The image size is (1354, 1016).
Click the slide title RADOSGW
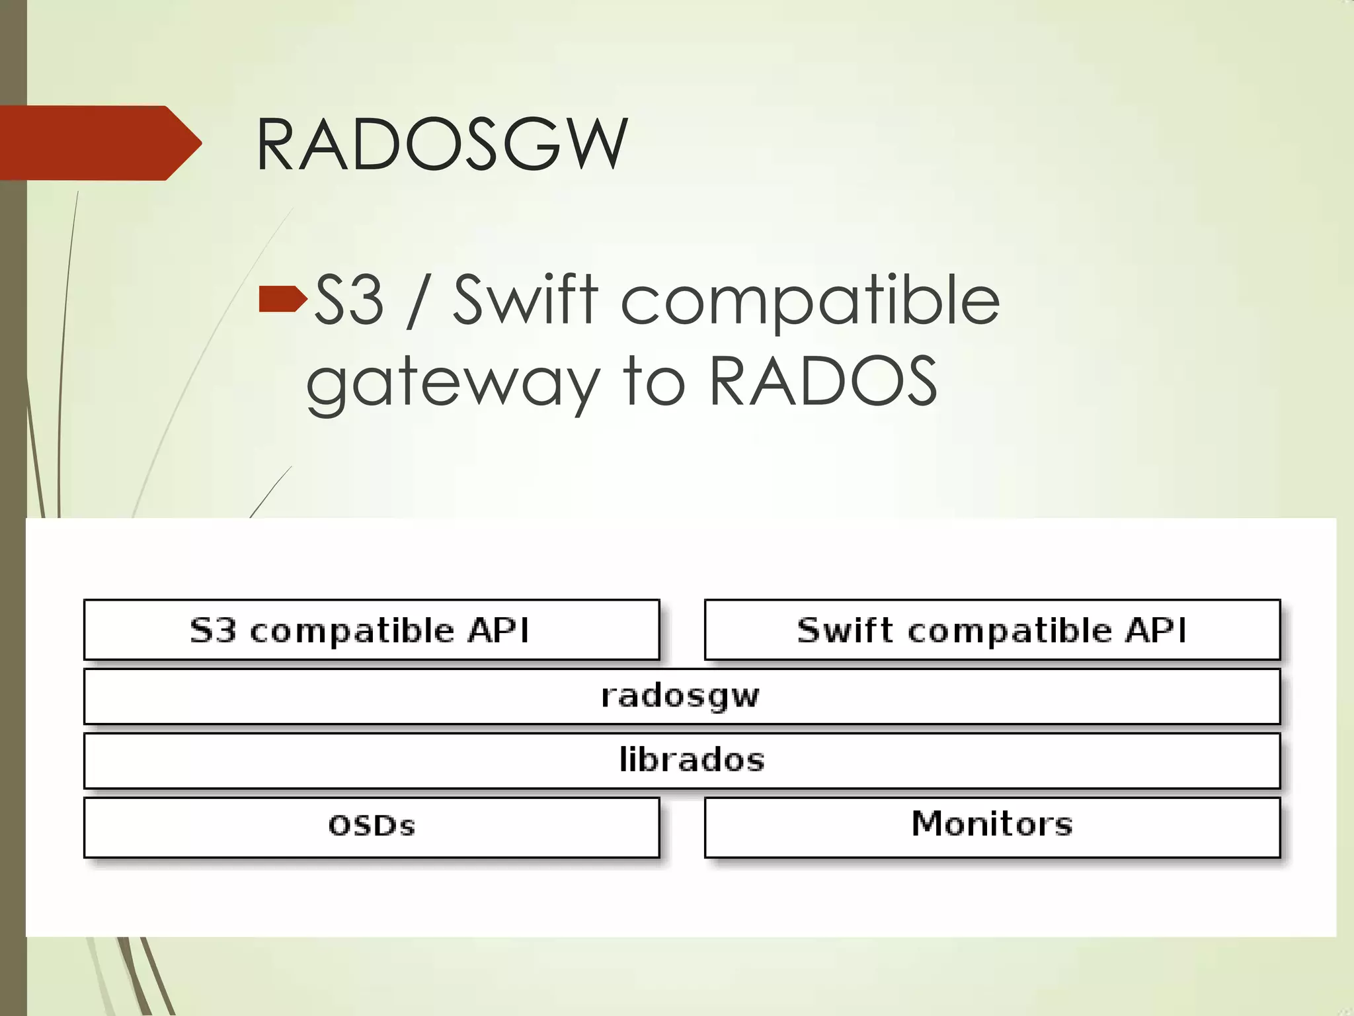[441, 144]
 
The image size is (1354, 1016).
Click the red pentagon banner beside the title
[99, 143]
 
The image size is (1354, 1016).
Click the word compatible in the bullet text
[809, 301]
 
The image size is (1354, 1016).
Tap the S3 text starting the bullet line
[348, 301]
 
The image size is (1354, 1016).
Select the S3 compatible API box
[372, 630]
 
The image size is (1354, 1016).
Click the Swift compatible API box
[992, 630]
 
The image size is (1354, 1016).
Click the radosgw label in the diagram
[680, 696]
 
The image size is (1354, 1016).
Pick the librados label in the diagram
[692, 759]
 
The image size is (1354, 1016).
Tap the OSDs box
[372, 827]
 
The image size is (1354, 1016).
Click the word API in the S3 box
[498, 630]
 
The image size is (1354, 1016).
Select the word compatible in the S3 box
[352, 631]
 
